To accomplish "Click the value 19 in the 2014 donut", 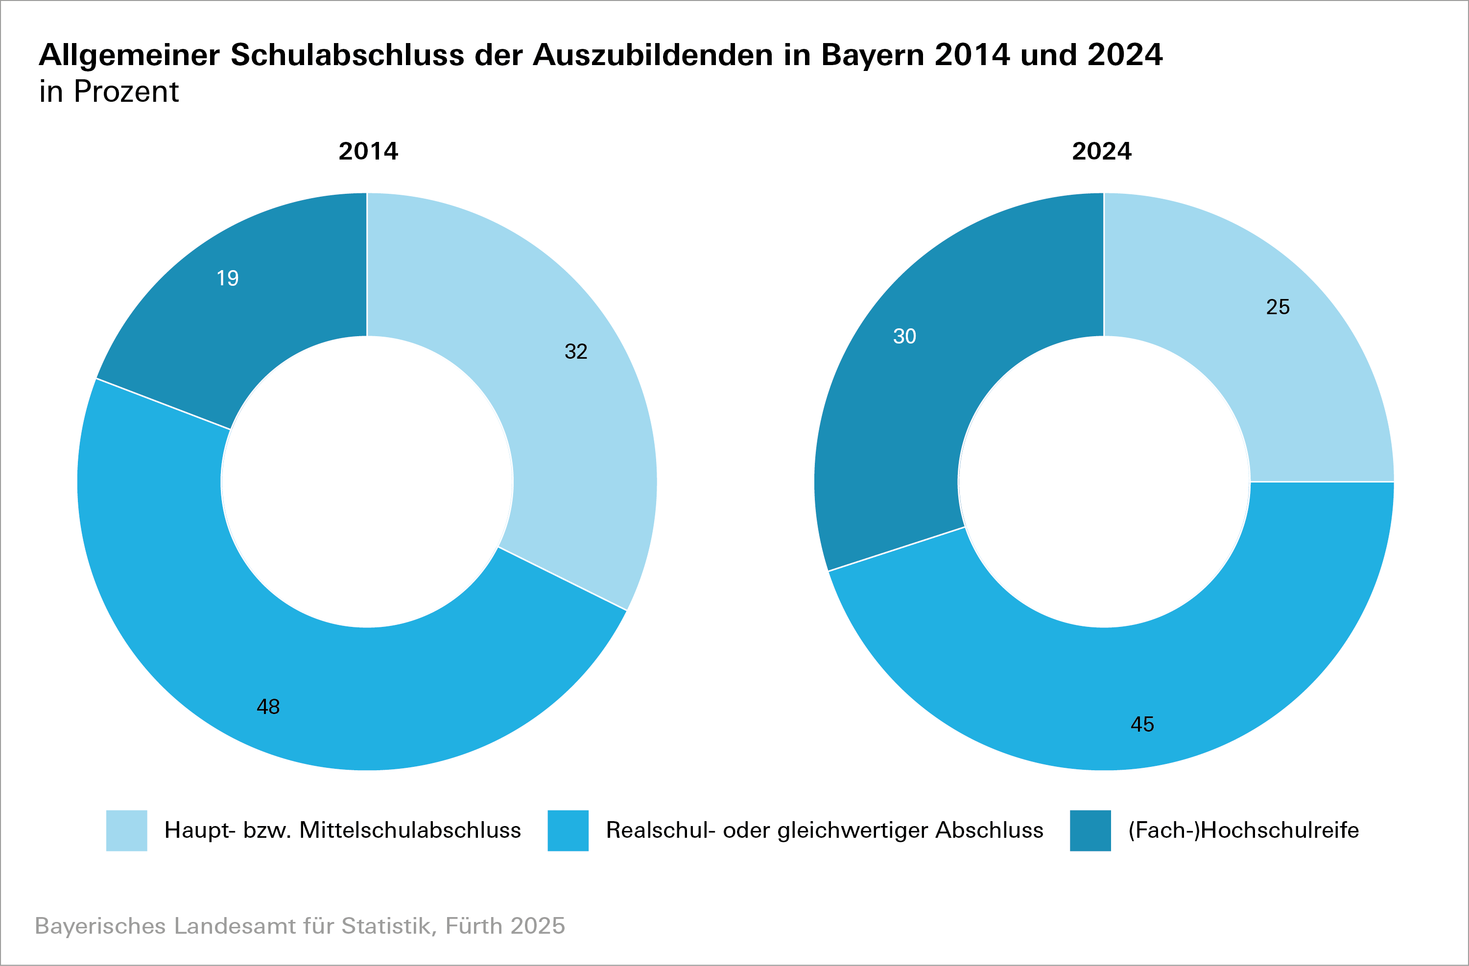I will click(228, 278).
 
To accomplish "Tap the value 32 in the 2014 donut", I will click(576, 352).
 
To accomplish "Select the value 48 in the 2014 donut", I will click(268, 706).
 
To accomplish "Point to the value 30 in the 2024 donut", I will click(905, 336).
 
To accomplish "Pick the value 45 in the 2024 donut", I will click(1142, 724).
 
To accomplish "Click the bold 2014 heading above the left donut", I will click(369, 151).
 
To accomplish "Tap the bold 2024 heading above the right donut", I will click(1102, 151).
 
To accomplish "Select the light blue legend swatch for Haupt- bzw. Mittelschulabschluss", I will click(126, 830).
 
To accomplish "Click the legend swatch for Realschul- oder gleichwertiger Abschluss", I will click(568, 830).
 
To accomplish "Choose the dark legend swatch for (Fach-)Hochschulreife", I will click(1090, 830).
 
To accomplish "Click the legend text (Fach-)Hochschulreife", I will click(1243, 830).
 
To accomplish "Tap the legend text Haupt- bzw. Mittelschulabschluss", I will click(343, 830).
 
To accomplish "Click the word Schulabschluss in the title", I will click(347, 55).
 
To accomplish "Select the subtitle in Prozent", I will click(109, 92).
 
